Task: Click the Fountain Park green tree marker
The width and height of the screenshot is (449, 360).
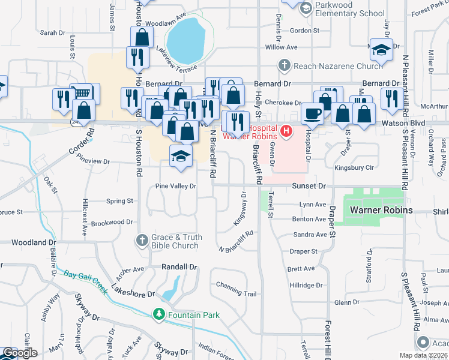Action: (x=158, y=314)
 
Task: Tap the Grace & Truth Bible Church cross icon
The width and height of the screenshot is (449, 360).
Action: (x=142, y=240)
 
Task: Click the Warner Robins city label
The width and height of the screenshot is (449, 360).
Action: (x=382, y=211)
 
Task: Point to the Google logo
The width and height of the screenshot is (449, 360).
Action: (x=19, y=353)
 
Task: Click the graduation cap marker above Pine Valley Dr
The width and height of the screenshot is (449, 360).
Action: (x=181, y=156)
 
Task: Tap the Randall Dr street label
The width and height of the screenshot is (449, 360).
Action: (x=179, y=266)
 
